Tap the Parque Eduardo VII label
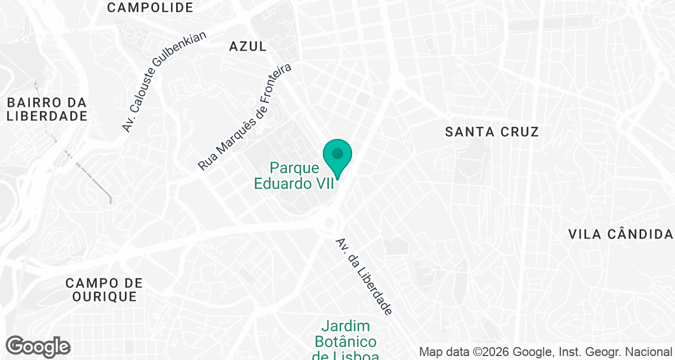(x=295, y=175)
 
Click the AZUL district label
(x=247, y=46)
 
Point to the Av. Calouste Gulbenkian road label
(x=164, y=82)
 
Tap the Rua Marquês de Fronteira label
(x=245, y=118)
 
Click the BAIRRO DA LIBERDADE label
(x=47, y=110)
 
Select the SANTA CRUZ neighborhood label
(x=492, y=132)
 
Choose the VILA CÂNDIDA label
(x=620, y=234)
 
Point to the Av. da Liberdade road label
(x=364, y=276)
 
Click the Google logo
(x=38, y=346)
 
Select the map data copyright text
(x=546, y=352)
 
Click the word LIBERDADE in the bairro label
(x=47, y=116)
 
